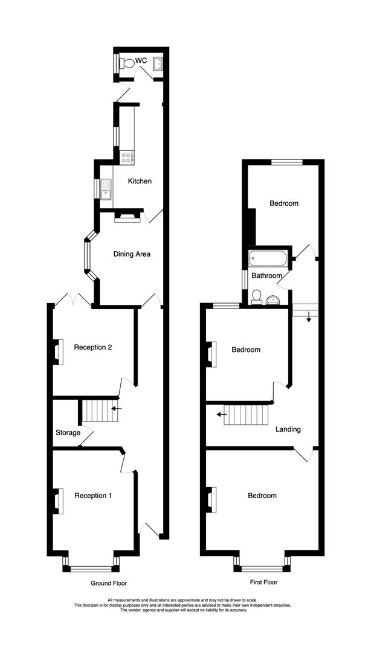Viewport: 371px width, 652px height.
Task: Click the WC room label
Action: click(x=141, y=60)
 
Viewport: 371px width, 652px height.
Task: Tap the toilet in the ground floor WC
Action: click(x=127, y=63)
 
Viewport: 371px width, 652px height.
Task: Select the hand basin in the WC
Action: click(x=158, y=63)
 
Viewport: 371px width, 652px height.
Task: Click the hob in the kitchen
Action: click(x=127, y=157)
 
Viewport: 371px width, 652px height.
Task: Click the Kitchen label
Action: click(x=139, y=181)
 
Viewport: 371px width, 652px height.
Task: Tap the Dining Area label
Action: click(x=132, y=254)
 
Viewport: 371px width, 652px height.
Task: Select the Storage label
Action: click(x=68, y=433)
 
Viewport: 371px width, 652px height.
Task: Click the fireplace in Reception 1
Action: click(x=59, y=501)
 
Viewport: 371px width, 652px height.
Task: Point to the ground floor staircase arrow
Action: click(x=117, y=409)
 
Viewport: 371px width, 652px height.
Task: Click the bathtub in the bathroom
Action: click(x=268, y=260)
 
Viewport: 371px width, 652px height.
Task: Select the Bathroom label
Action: click(x=267, y=276)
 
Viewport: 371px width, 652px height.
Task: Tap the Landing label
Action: click(x=288, y=430)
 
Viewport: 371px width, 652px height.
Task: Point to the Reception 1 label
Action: click(x=93, y=496)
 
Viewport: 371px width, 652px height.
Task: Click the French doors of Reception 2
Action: click(x=73, y=299)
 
